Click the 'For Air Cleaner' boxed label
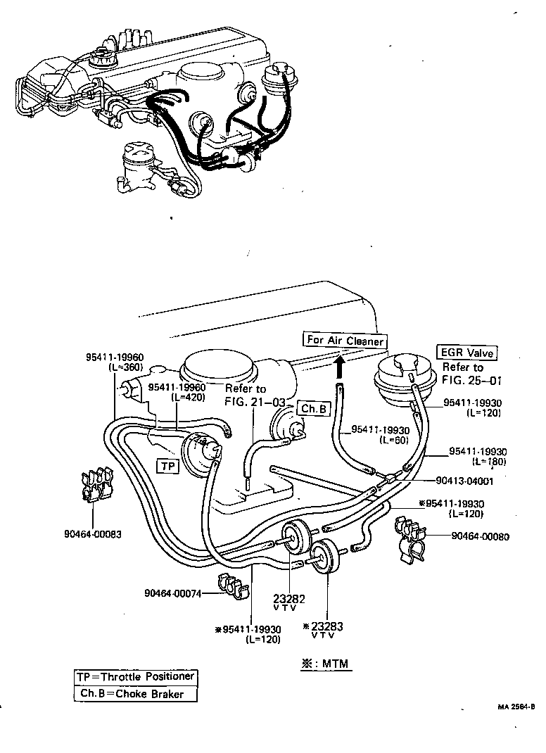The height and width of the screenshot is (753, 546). tap(345, 341)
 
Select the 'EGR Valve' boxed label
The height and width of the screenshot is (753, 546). tap(466, 353)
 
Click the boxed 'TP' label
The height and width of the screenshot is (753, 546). tap(167, 466)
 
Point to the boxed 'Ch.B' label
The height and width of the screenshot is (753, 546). tap(312, 409)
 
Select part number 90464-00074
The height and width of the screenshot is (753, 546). tap(172, 593)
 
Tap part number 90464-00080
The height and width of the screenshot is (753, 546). tap(480, 536)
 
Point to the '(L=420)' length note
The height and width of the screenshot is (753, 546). tap(189, 397)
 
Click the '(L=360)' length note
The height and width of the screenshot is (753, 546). tap(127, 367)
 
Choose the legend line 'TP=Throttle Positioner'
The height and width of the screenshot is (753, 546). tap(135, 677)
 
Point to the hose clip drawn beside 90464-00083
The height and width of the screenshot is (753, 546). tap(93, 485)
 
